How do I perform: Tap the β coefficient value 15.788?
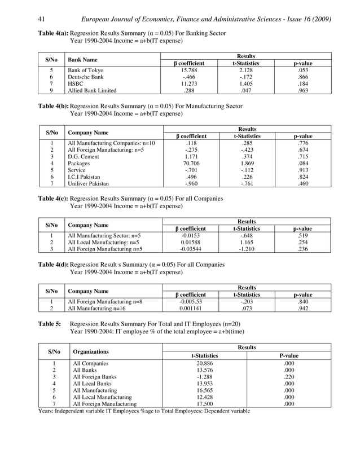point(188,70)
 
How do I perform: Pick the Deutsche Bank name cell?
point(84,77)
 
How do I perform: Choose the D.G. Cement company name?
point(84,156)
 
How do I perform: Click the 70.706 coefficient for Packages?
point(190,163)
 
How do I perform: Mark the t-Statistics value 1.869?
point(246,163)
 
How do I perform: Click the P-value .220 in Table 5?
point(289,377)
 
